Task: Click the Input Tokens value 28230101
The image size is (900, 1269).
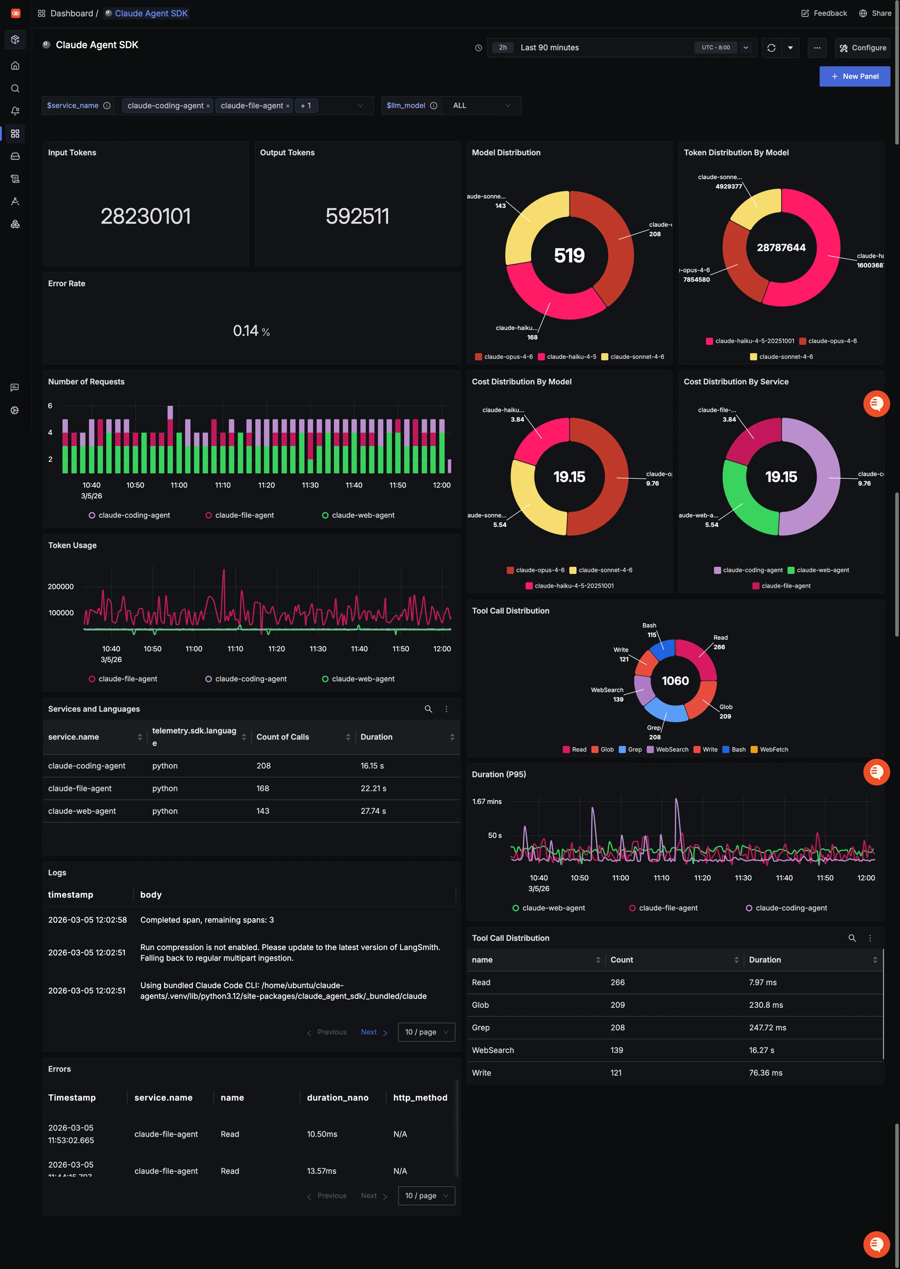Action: (146, 216)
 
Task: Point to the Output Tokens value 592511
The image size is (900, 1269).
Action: (357, 216)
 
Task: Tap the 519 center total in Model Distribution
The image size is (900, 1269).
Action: (569, 255)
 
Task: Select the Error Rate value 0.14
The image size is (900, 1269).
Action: (245, 331)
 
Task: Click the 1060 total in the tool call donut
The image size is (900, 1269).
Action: (675, 681)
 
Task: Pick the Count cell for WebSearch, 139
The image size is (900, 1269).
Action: (617, 1050)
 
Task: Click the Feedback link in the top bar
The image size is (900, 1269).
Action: (824, 13)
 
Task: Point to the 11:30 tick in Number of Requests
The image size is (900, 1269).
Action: (310, 485)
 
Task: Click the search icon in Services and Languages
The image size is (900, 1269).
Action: (428, 709)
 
